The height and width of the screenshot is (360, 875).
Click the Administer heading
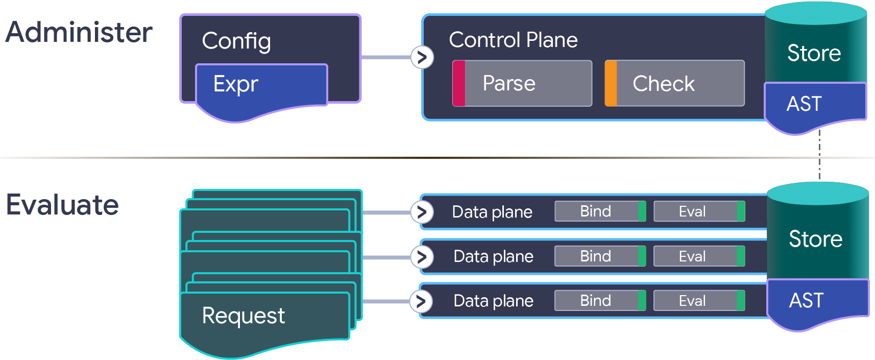tap(79, 32)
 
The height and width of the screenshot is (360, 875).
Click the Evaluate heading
tap(62, 205)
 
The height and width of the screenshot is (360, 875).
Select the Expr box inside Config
tap(261, 85)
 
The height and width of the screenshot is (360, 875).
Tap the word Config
tap(236, 41)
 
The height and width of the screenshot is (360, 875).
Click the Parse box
tap(522, 83)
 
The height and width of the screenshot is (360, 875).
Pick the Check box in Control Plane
tap(674, 83)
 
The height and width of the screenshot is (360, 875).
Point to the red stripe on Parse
tap(459, 83)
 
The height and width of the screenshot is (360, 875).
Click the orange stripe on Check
tap(611, 83)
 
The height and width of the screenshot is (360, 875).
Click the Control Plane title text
tap(513, 40)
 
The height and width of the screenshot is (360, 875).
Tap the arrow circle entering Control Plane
tap(422, 57)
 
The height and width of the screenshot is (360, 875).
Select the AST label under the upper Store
tap(804, 104)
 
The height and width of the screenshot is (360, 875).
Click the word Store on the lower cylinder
tap(815, 239)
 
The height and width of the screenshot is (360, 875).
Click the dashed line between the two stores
tap(819, 156)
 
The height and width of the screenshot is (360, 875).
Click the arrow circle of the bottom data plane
tap(421, 301)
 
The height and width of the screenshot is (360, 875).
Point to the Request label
tap(243, 316)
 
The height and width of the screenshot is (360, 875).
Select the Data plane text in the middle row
tap(493, 256)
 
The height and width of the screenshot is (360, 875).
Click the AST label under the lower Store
tap(806, 300)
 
